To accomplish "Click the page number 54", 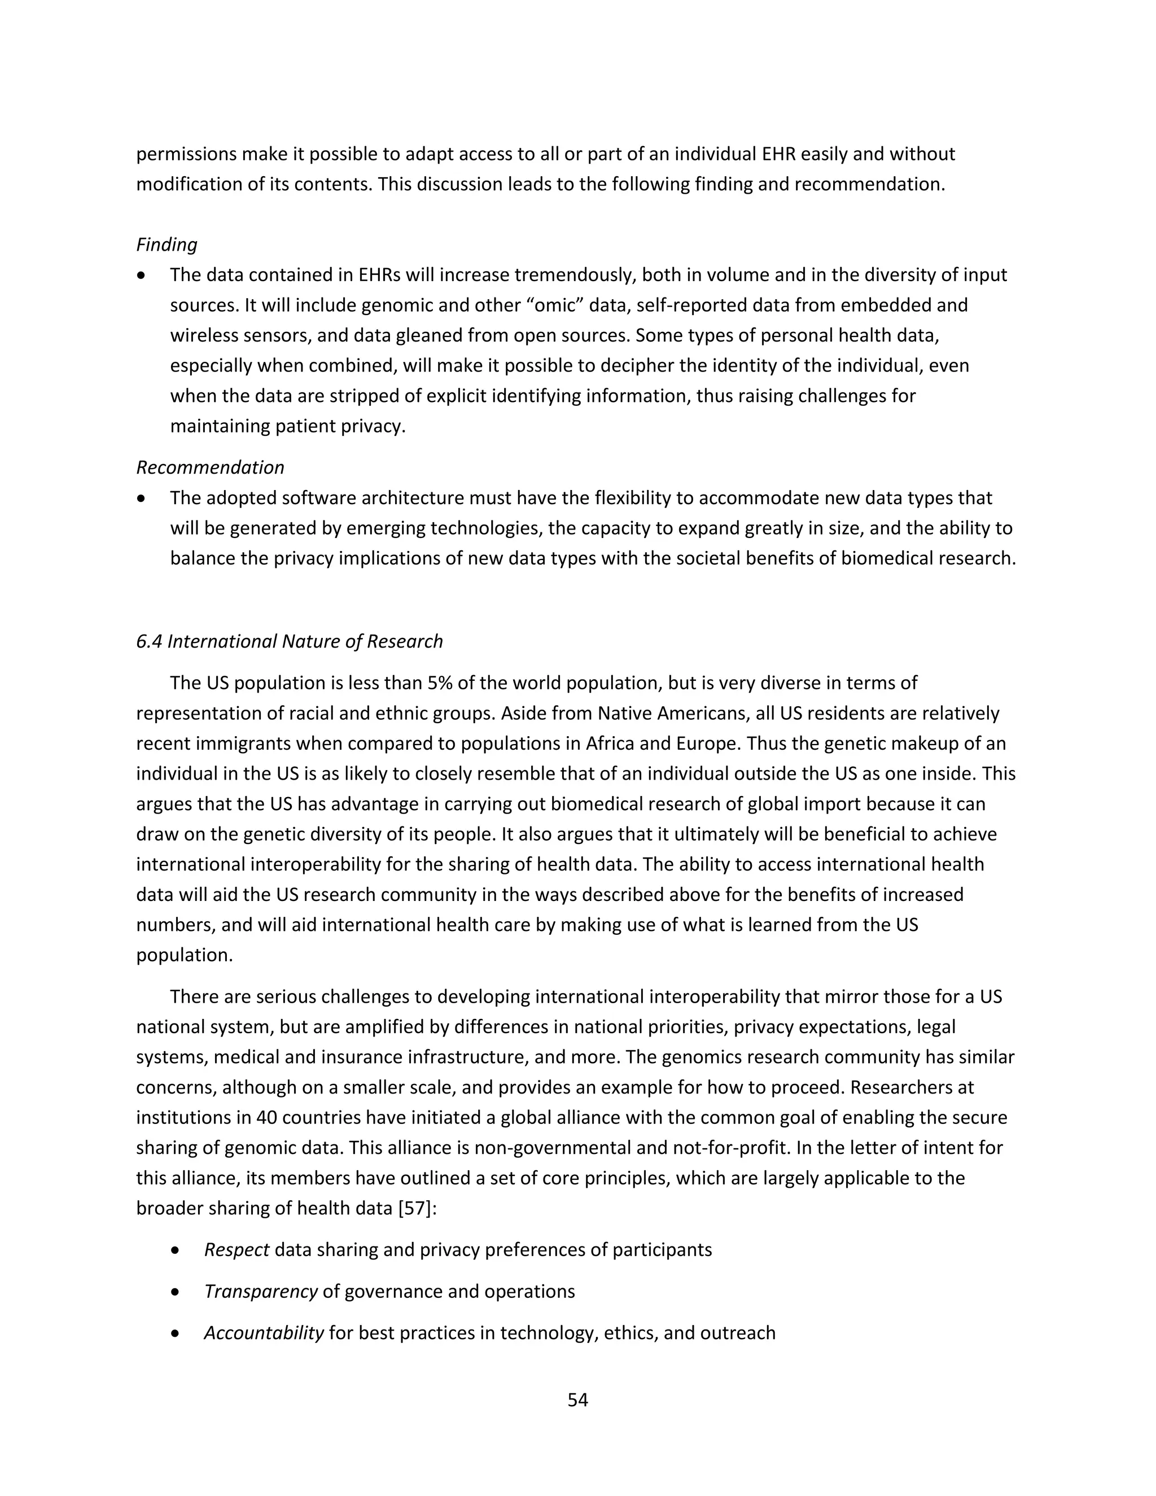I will [577, 1399].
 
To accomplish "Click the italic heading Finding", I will [167, 244].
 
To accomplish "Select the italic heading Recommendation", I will [210, 467].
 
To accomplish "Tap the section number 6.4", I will [149, 641].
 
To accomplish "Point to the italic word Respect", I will [237, 1250].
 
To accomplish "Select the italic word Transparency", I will [260, 1292].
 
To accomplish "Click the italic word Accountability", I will [264, 1333].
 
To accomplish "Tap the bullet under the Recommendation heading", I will [141, 498].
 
